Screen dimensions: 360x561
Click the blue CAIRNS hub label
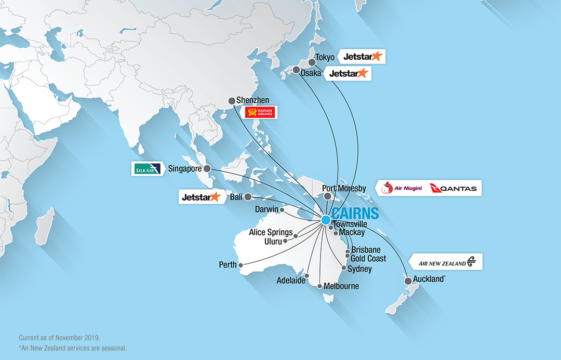tap(355, 213)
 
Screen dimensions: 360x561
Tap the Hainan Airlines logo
tap(260, 112)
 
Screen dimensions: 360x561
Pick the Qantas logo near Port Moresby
tap(453, 188)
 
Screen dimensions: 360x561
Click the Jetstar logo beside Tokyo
tap(363, 56)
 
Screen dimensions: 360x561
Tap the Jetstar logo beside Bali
tap(201, 197)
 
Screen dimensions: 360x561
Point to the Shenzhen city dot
tap(232, 101)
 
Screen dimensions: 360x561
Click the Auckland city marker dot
tap(408, 281)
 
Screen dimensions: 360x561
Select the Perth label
tap(228, 265)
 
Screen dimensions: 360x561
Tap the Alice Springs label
tap(271, 232)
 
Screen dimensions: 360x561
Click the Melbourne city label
tap(341, 286)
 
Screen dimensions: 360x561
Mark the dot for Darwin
tap(282, 210)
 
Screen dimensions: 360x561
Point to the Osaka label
tap(311, 73)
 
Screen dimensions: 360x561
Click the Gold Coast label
tap(368, 258)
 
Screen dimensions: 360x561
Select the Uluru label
tap(273, 242)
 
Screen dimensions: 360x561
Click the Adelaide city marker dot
tap(307, 276)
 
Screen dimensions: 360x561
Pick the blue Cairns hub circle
tap(326, 220)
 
